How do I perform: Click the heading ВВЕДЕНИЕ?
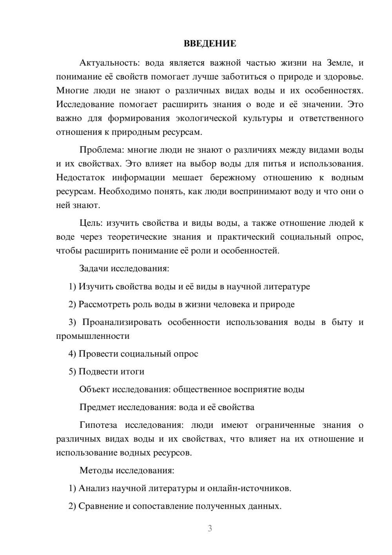coord(210,44)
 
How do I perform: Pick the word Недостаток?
coord(80,177)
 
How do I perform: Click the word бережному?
coord(233,177)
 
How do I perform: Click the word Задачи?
coord(94,268)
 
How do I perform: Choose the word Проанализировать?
coord(122,322)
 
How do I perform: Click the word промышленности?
coord(93,336)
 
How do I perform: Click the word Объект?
coord(94,389)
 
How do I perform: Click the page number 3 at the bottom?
coord(210,528)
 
